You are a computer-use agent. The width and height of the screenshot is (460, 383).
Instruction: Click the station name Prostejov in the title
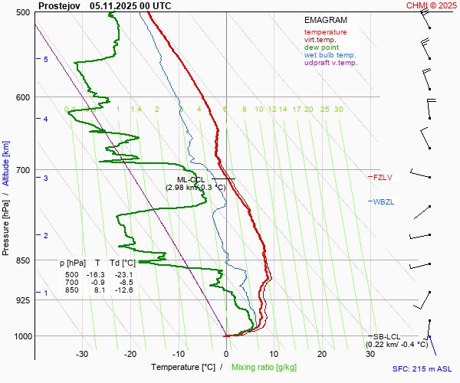pyautogui.click(x=59, y=5)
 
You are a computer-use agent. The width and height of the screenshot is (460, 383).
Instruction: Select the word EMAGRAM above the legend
pyautogui.click(x=325, y=21)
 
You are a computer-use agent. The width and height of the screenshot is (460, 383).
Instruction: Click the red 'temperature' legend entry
pyautogui.click(x=325, y=32)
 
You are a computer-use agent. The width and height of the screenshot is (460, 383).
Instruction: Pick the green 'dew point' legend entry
pyautogui.click(x=321, y=47)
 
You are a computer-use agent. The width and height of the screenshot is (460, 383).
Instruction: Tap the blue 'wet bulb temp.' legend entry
pyautogui.click(x=330, y=55)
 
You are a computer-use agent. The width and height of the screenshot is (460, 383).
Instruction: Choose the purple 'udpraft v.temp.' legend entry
pyautogui.click(x=331, y=63)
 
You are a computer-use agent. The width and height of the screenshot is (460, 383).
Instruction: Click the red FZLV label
pyautogui.click(x=382, y=178)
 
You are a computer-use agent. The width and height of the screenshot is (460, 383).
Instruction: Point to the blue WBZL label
pyautogui.click(x=383, y=201)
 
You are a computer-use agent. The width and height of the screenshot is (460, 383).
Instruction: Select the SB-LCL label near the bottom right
pyautogui.click(x=386, y=337)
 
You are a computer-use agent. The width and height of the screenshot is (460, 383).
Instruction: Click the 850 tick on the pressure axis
pyautogui.click(x=22, y=260)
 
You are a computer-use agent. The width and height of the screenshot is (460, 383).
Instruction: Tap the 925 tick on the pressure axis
pyautogui.click(x=22, y=300)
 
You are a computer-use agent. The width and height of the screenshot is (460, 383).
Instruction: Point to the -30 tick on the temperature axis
pyautogui.click(x=82, y=353)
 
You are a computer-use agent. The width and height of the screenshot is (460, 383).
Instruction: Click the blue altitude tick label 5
pyautogui.click(x=46, y=60)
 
